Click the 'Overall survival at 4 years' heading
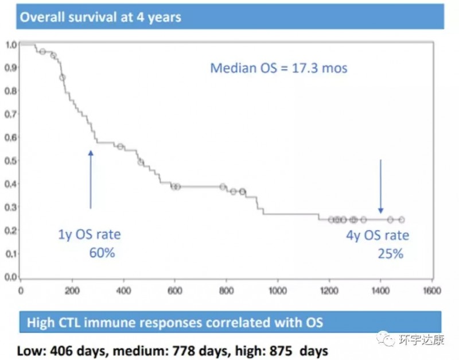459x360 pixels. point(101,17)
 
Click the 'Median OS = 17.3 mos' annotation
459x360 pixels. point(279,68)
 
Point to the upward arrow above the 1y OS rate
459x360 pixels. point(90,179)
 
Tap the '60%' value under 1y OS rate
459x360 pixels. point(102,252)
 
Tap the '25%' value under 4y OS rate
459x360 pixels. point(390,253)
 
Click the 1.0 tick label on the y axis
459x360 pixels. point(10,44)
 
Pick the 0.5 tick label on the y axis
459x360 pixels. point(10,161)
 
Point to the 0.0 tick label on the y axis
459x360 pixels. point(10,277)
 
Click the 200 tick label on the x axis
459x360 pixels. point(72,290)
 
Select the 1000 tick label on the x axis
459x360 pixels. point(278,290)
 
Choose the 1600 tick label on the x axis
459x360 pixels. point(431,290)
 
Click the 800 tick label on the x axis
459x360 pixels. point(226,290)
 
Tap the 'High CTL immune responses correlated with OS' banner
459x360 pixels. point(174,322)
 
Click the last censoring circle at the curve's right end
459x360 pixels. point(402,220)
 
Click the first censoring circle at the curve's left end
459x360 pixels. point(42,52)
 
